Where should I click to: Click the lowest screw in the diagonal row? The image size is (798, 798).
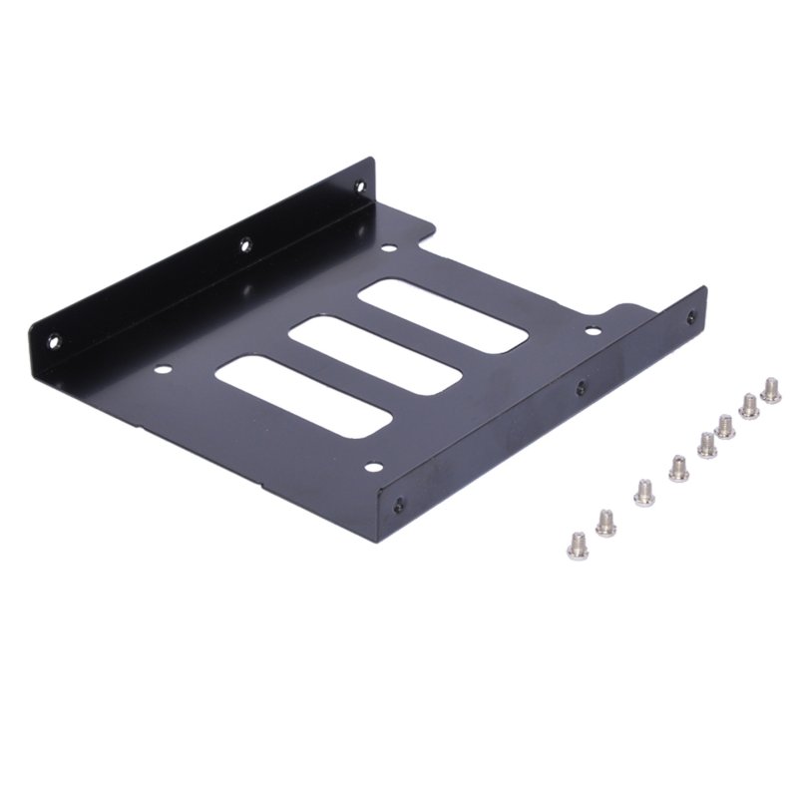coord(577,543)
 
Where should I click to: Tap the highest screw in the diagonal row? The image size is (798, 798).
coord(770,389)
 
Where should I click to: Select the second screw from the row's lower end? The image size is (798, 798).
coord(605,522)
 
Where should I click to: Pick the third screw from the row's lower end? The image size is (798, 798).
coord(643,492)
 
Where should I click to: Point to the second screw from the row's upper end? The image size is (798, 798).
coord(748,406)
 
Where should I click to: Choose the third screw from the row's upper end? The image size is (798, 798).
coord(725,426)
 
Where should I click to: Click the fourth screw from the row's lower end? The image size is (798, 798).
coord(678,467)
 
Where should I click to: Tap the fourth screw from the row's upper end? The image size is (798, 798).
coord(706,444)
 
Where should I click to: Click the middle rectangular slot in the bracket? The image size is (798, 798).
coord(375,355)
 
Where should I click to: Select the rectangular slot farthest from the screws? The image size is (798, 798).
coord(303,395)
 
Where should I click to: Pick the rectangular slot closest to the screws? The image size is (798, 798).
coord(443,315)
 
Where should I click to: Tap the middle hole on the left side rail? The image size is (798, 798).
coord(244,242)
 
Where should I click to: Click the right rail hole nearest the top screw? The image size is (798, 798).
coord(691,317)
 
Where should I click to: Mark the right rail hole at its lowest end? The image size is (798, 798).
coord(399,506)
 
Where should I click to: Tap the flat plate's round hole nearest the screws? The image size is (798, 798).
coord(592,329)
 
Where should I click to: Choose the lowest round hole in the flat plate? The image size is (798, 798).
coord(373,466)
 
